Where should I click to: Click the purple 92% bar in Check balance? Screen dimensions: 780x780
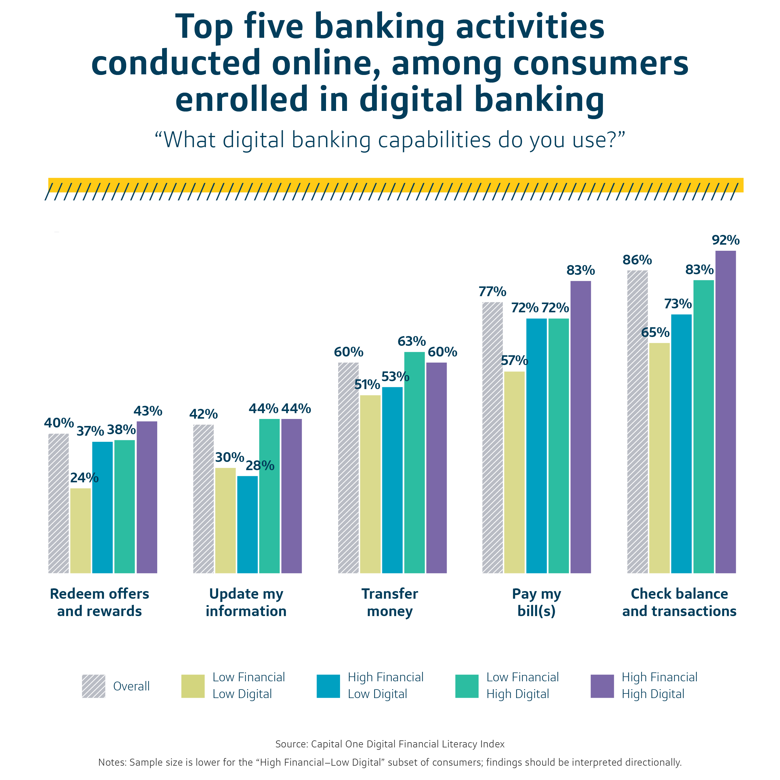[x=725, y=412]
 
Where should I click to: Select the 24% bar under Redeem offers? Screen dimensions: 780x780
[x=80, y=530]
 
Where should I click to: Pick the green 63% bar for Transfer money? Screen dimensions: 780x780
[x=414, y=462]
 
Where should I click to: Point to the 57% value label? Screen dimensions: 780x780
[x=514, y=360]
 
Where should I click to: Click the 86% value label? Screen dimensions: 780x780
[x=637, y=260]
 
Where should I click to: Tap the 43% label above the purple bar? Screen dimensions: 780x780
[x=148, y=411]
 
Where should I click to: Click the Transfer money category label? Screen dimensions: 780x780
[x=390, y=602]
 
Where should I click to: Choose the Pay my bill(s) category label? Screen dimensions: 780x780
[x=537, y=602]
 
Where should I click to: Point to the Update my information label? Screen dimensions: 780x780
[x=246, y=602]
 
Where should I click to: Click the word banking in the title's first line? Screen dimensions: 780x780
[x=379, y=27]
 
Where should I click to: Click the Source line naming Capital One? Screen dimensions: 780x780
[x=390, y=744]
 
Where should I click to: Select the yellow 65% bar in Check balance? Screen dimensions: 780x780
[x=660, y=458]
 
